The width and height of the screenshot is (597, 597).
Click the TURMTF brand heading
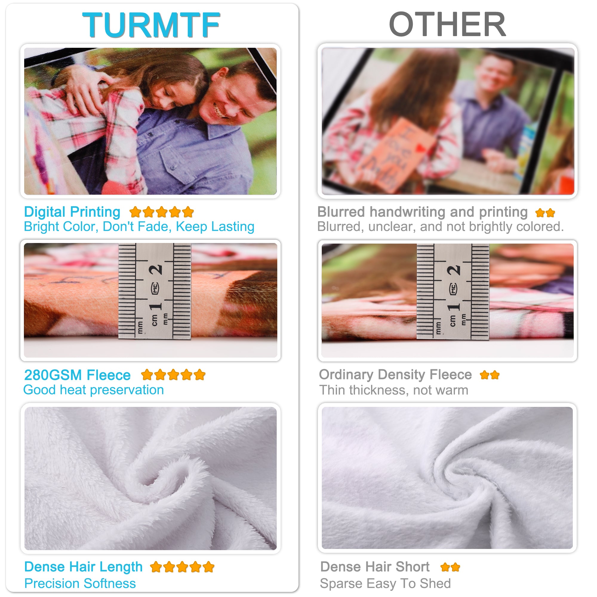[151, 25]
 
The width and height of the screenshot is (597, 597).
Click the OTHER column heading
[447, 25]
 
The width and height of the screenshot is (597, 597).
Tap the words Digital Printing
[72, 212]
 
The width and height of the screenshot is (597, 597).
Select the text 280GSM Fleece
[77, 375]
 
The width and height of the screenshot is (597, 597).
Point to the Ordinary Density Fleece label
[395, 375]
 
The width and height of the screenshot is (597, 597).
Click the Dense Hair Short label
[375, 567]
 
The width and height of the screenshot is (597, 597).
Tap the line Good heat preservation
[93, 390]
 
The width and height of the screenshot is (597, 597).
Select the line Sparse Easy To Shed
[385, 584]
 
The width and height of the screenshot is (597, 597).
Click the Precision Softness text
[80, 584]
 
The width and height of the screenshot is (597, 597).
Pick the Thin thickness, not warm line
[393, 390]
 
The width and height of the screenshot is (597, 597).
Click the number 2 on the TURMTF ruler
[156, 270]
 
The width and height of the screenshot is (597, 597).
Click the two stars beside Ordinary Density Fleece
[490, 375]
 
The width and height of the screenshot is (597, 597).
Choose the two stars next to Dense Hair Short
[450, 567]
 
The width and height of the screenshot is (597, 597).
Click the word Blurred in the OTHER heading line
[341, 212]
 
